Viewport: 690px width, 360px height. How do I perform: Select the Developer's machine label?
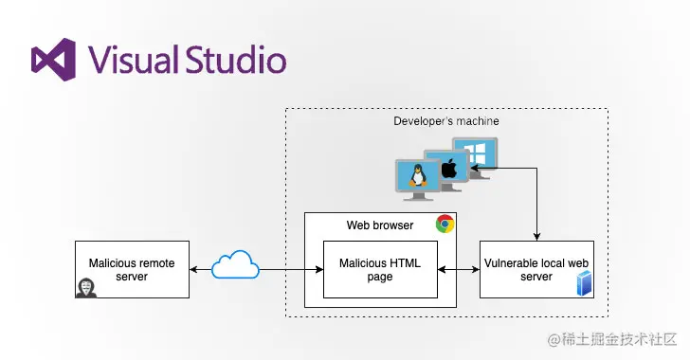pos(445,121)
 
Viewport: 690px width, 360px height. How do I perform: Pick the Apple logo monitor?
pos(448,169)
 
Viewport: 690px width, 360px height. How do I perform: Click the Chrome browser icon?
pos(444,225)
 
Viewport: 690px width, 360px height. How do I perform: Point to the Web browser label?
pos(378,225)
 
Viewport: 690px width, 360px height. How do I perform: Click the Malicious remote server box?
pos(132,270)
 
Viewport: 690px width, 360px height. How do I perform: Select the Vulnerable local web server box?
pos(536,270)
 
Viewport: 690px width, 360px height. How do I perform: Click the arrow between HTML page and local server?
pos(458,271)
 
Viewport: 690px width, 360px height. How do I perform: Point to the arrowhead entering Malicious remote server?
pos(194,271)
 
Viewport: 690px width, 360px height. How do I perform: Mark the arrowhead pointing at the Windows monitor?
pos(485,169)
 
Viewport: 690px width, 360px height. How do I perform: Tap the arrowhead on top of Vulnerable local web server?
pos(537,237)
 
